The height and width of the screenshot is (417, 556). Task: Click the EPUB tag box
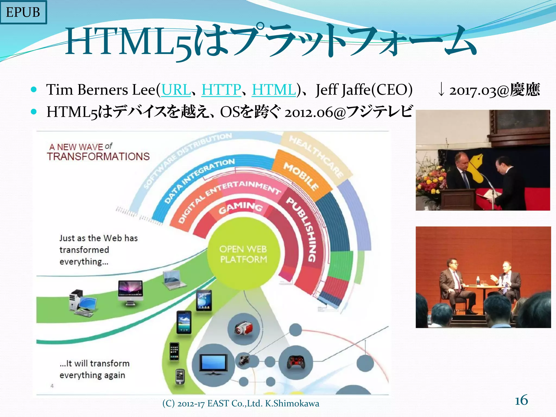23,12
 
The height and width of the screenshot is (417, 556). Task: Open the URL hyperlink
176,90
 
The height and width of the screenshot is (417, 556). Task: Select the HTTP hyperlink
221,90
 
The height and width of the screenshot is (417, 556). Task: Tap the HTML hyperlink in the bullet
274,90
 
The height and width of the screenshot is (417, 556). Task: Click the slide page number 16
521,400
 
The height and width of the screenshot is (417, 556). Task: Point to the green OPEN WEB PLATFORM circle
243,254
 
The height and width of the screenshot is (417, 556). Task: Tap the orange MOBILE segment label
301,177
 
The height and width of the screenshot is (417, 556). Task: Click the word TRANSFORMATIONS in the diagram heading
98,157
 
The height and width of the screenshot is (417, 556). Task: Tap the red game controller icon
296,362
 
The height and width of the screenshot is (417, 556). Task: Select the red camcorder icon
244,328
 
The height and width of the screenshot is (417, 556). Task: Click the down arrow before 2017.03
441,90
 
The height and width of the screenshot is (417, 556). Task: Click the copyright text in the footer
241,403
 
